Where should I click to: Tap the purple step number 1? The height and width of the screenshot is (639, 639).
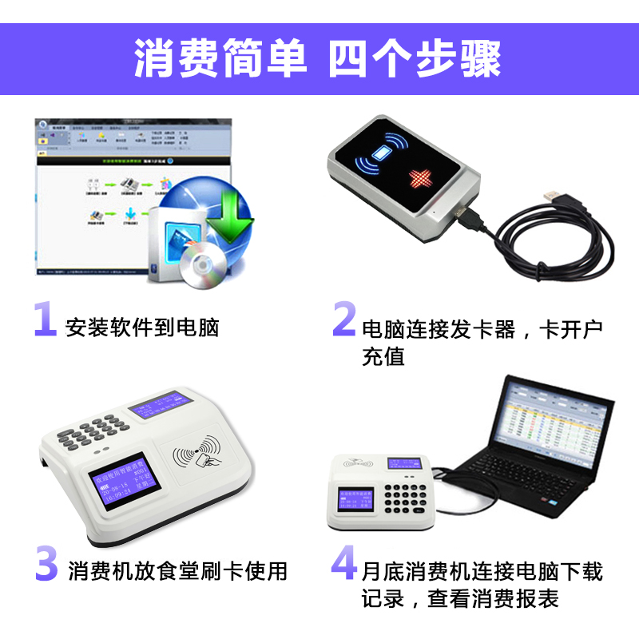point(45,319)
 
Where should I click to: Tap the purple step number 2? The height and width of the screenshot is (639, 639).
point(343,319)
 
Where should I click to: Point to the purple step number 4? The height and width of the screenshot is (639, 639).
point(343,563)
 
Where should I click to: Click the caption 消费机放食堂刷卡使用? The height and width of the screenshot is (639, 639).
point(177,571)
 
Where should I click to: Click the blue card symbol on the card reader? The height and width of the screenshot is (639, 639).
point(385,151)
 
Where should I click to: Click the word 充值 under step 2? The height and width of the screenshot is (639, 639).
point(383,356)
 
